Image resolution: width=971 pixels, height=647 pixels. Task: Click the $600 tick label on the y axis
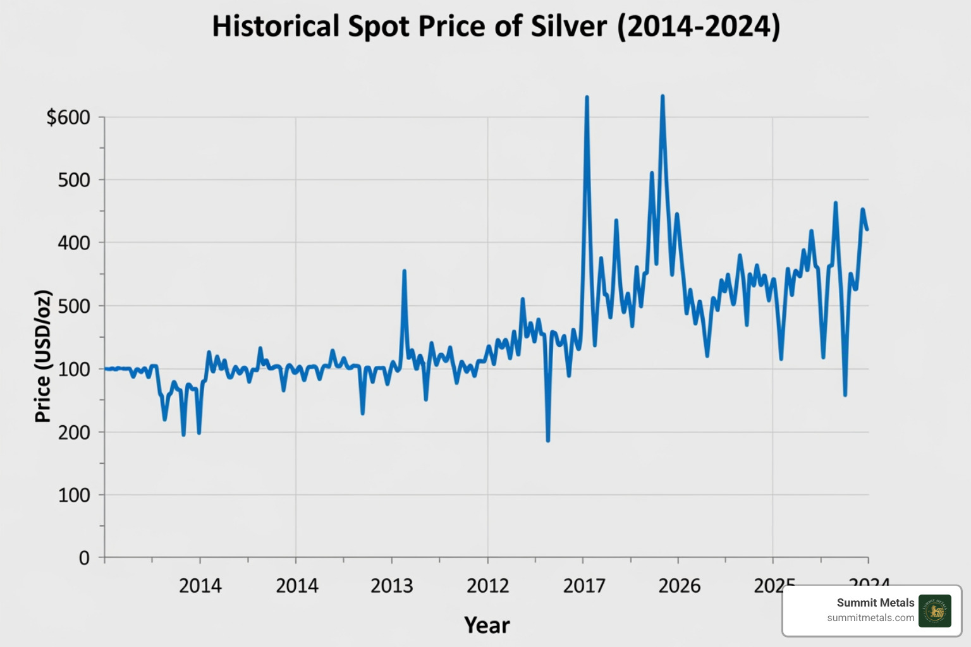pyautogui.click(x=68, y=118)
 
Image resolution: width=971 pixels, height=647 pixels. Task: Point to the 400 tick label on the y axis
pyautogui.click(x=74, y=243)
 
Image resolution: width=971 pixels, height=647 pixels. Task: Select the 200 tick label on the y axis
pyautogui.click(x=74, y=432)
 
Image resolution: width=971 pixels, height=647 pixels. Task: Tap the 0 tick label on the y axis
pyautogui.click(x=84, y=558)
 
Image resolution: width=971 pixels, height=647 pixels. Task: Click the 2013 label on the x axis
pyautogui.click(x=391, y=586)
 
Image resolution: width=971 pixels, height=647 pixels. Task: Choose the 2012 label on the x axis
pyautogui.click(x=487, y=586)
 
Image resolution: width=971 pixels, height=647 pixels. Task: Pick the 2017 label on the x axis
pyautogui.click(x=584, y=586)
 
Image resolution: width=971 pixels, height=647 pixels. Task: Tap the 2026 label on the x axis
pyautogui.click(x=680, y=586)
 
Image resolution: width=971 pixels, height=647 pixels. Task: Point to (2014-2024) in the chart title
pyautogui.click(x=699, y=27)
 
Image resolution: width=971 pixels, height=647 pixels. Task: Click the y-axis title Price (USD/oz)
pyautogui.click(x=42, y=356)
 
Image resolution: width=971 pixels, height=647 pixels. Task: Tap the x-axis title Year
pyautogui.click(x=487, y=625)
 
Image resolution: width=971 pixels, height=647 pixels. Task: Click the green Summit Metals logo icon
pyautogui.click(x=934, y=611)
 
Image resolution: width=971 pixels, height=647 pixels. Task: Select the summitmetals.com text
pyautogui.click(x=870, y=618)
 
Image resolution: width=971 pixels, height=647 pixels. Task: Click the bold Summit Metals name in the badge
pyautogui.click(x=875, y=603)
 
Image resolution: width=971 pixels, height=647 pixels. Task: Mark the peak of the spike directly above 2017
pyautogui.click(x=587, y=97)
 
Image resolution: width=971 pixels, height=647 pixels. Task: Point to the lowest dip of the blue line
pyautogui.click(x=547, y=440)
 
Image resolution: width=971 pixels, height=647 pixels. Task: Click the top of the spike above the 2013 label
pyautogui.click(x=404, y=271)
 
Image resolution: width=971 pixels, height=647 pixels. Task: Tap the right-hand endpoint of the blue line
pyautogui.click(x=867, y=229)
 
